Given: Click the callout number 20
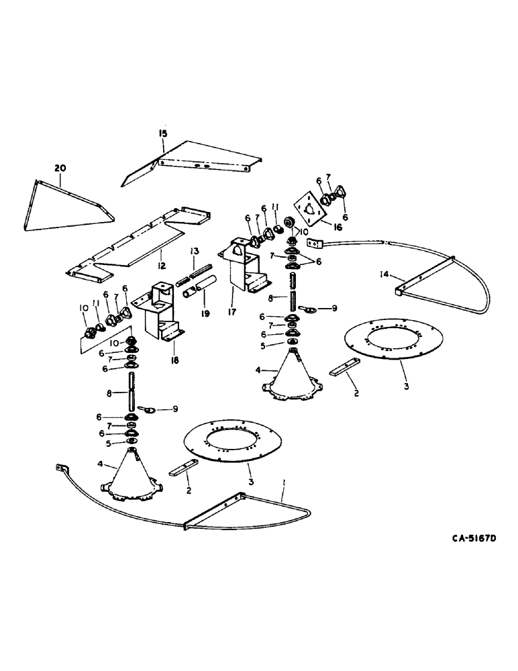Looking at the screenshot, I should [x=61, y=167].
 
